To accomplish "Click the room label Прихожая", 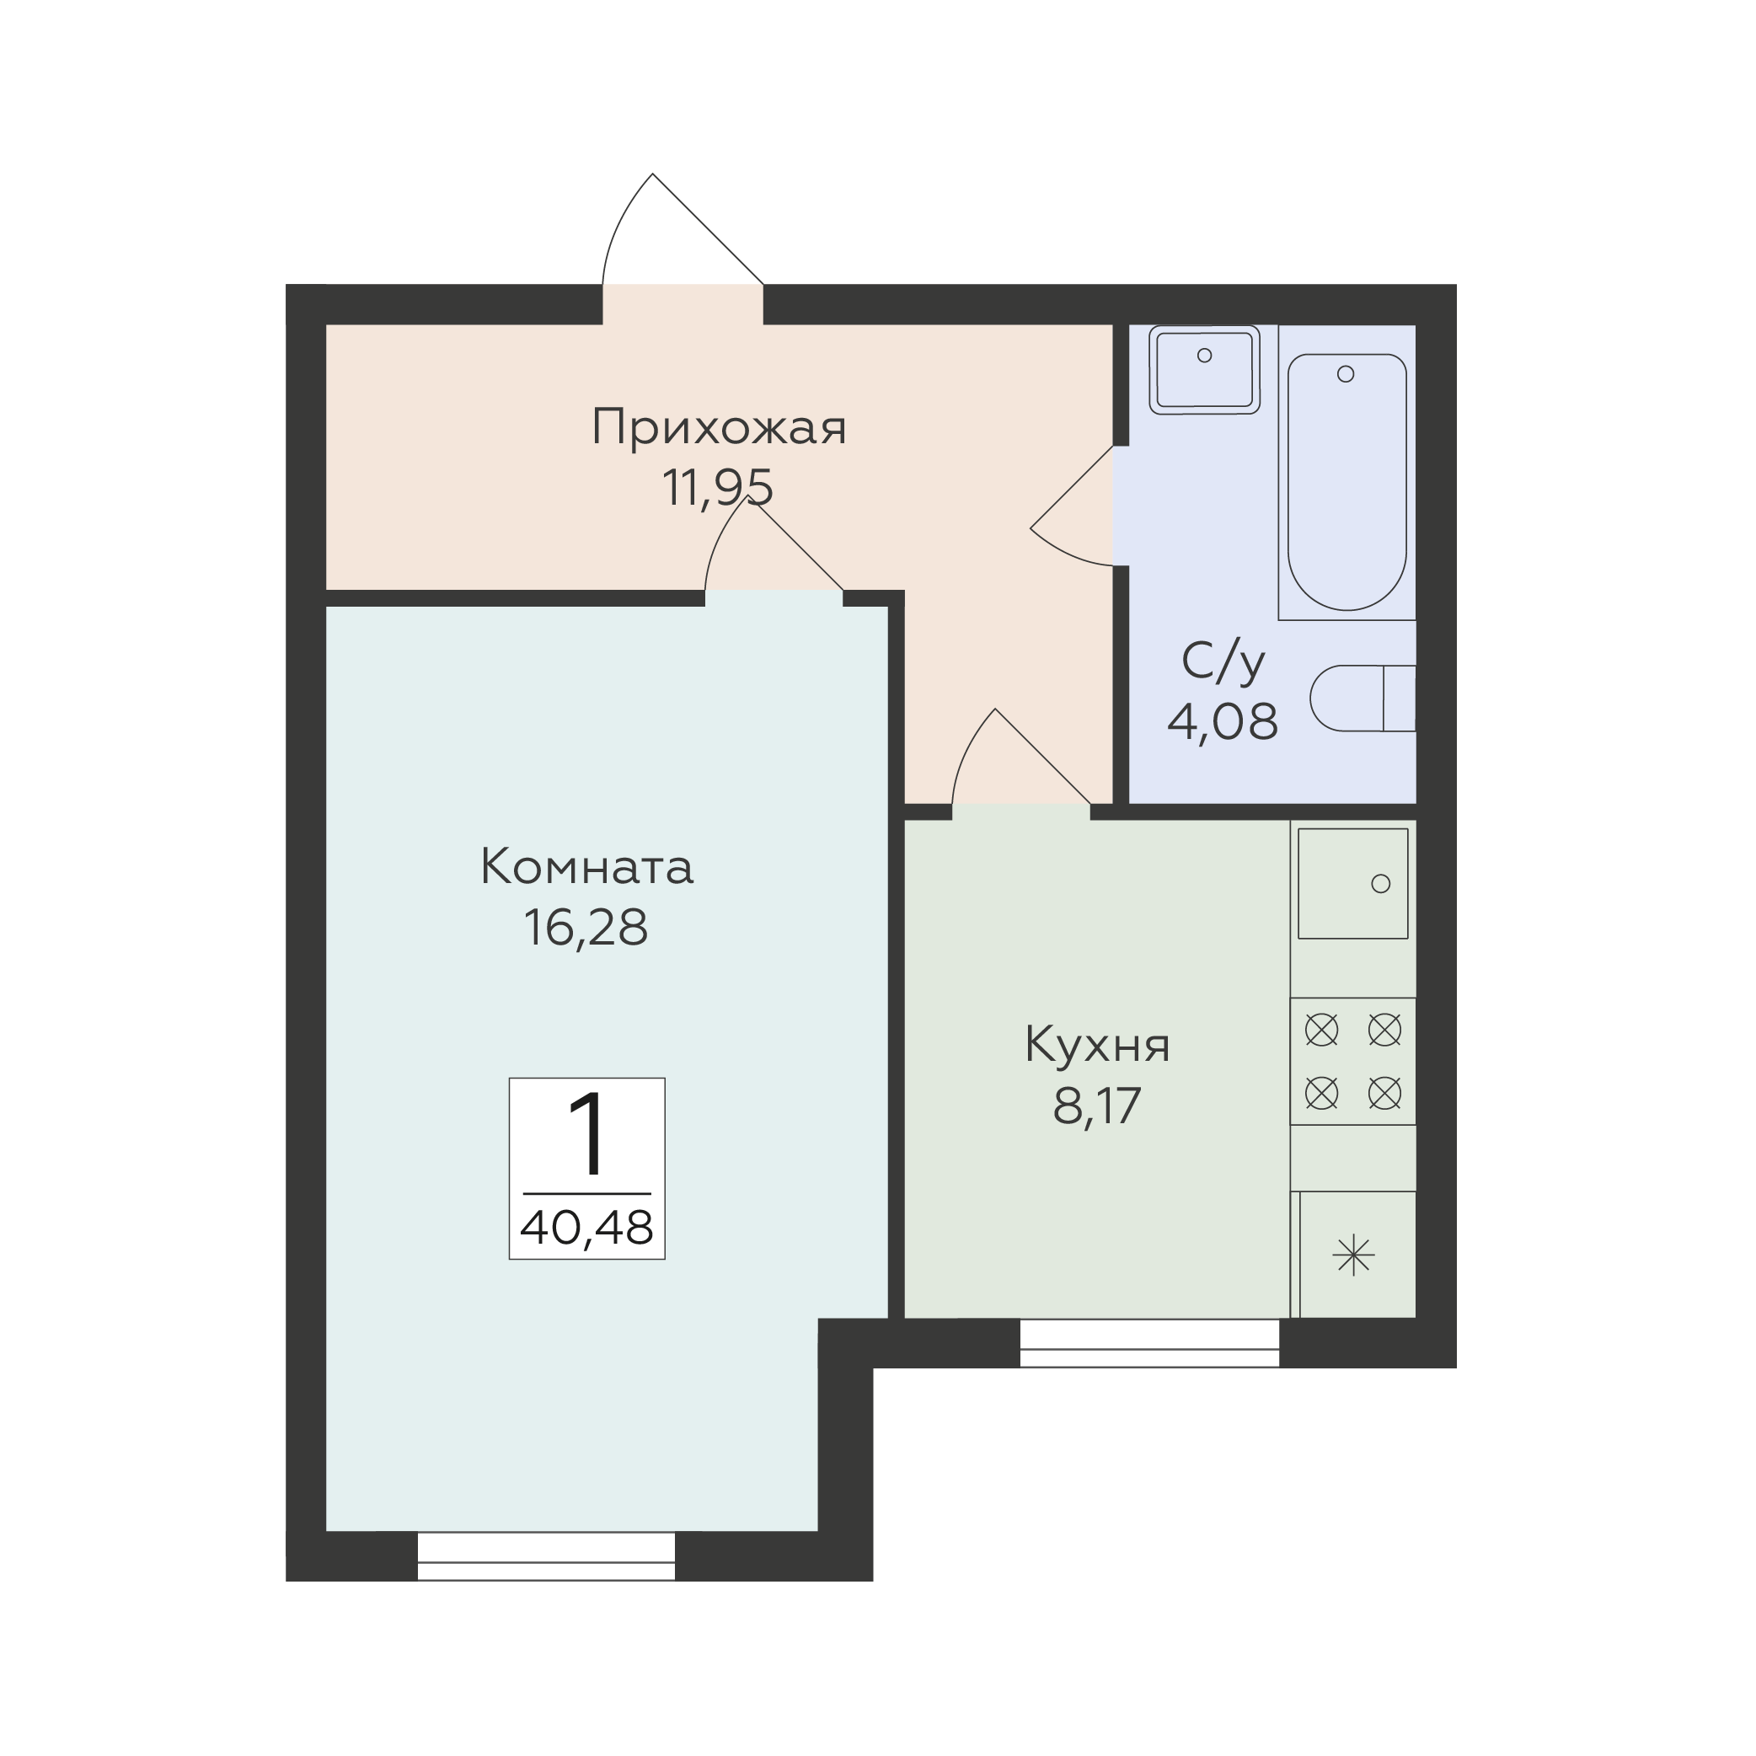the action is (718, 428).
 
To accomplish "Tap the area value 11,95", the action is (717, 488).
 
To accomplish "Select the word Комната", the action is (587, 867).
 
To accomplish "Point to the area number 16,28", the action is (586, 928).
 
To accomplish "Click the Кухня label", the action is (1097, 1045).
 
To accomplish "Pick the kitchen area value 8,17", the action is (1097, 1106).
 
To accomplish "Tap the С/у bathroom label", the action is (1223, 662).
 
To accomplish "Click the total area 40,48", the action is (587, 1227).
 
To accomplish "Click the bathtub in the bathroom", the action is (1347, 482).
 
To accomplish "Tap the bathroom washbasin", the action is (1204, 370).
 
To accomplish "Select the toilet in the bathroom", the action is (1363, 698).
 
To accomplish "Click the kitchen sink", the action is (1352, 883).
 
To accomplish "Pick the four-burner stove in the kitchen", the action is (1353, 1062).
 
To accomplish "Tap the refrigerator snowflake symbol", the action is (1353, 1256).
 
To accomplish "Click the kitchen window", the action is (1150, 1343).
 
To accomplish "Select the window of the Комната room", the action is (546, 1557).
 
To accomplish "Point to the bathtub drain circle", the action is (1346, 373).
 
